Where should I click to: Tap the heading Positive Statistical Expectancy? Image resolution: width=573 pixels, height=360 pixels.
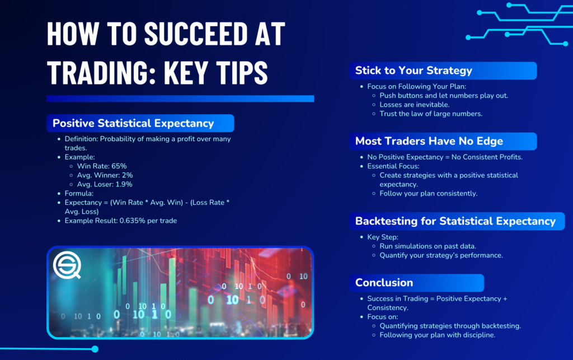[133, 123]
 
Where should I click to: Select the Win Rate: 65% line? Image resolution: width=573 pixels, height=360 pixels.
[102, 166]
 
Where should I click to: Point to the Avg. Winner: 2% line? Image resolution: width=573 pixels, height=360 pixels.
[105, 175]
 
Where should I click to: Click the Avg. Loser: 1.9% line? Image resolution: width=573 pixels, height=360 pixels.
[105, 184]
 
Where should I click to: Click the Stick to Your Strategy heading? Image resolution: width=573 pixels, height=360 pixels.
[414, 71]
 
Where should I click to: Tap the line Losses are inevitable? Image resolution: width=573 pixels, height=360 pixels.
[415, 105]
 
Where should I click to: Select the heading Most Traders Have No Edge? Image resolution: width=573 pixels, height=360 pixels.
[429, 141]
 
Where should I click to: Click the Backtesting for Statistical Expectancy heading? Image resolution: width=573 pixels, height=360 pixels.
[455, 221]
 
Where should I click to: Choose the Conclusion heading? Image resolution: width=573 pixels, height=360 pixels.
[384, 283]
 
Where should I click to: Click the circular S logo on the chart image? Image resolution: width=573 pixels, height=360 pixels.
[67, 265]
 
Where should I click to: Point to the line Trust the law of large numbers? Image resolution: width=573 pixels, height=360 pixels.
[431, 114]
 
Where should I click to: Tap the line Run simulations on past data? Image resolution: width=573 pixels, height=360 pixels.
[428, 246]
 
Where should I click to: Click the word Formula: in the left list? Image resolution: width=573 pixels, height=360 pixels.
[79, 193]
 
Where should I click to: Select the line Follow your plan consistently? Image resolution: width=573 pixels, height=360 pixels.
[428, 193]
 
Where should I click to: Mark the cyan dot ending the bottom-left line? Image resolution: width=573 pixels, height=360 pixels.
[95, 349]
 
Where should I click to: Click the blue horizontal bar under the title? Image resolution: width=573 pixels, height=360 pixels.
[180, 99]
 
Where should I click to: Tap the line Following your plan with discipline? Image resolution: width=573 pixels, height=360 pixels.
[438, 335]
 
